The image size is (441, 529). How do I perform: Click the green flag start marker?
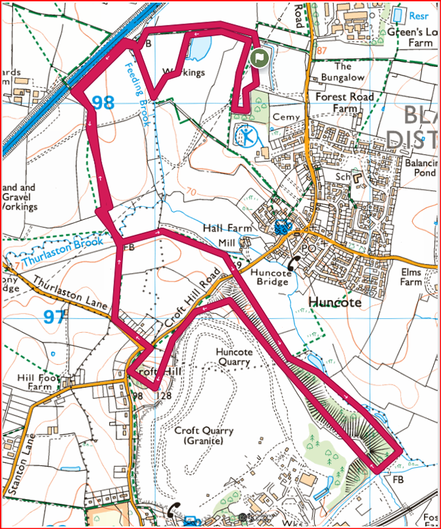tap(259, 58)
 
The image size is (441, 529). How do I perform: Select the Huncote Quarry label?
tap(234, 357)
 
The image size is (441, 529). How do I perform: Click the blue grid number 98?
tap(103, 103)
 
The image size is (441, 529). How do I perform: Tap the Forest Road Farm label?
tap(344, 102)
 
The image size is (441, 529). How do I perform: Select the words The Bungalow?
tap(343, 72)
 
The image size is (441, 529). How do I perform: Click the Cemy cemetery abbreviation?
tap(286, 117)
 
